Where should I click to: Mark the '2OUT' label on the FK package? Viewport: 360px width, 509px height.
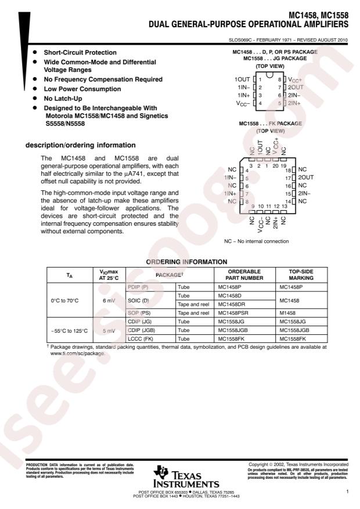307,177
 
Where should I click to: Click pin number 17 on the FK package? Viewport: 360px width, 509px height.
287,177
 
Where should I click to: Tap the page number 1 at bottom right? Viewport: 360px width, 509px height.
346,492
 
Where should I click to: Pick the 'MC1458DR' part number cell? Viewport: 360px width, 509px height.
231,304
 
